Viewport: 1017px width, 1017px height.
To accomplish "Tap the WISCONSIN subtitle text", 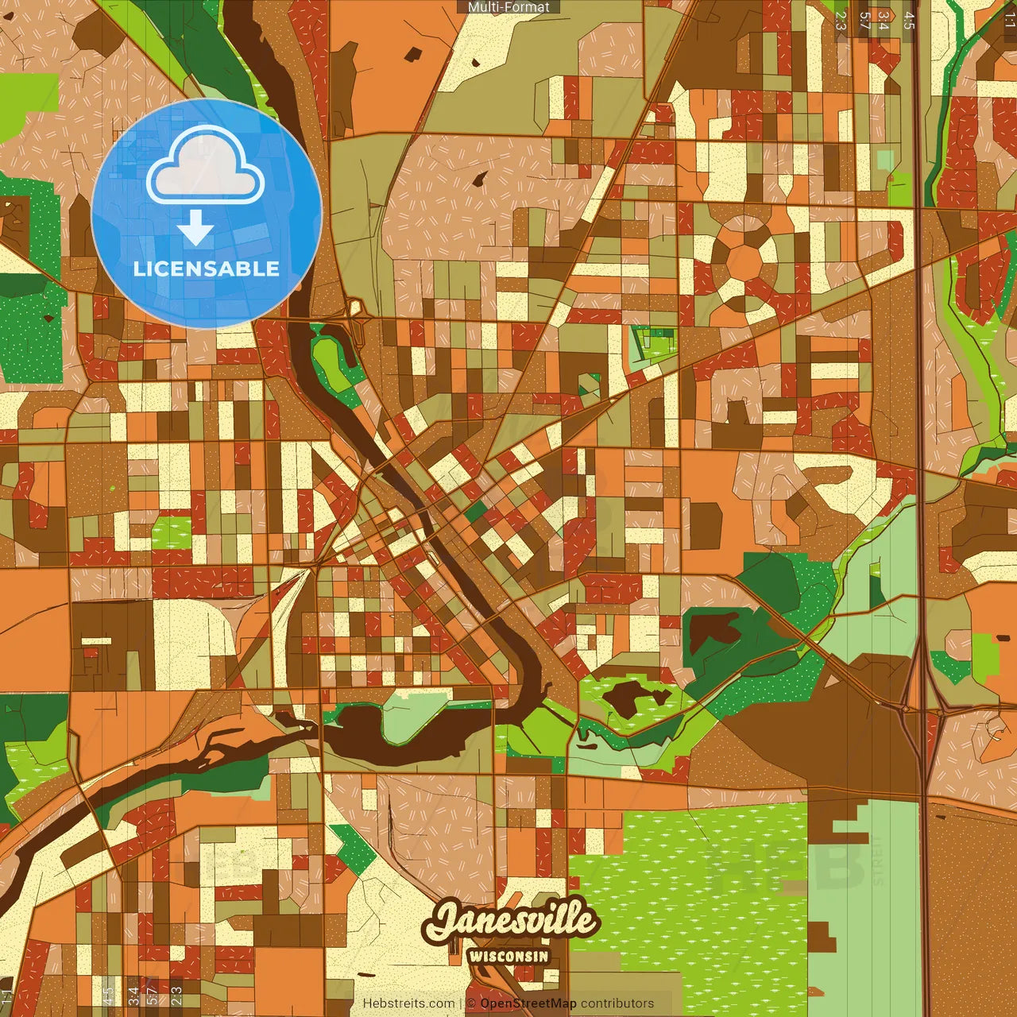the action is [x=508, y=956].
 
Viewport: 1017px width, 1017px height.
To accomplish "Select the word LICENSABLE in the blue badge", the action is [x=207, y=269].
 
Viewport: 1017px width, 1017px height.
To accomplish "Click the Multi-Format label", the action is [x=508, y=7].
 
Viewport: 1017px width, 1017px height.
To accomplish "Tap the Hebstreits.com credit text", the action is [x=408, y=1003].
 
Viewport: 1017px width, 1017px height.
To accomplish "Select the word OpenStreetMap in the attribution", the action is [x=528, y=1003].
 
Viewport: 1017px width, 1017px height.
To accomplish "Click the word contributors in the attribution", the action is [x=617, y=1003].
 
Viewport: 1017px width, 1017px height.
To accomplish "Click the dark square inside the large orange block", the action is [x=413, y=53].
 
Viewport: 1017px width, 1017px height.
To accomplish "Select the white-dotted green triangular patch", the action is [x=354, y=846].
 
